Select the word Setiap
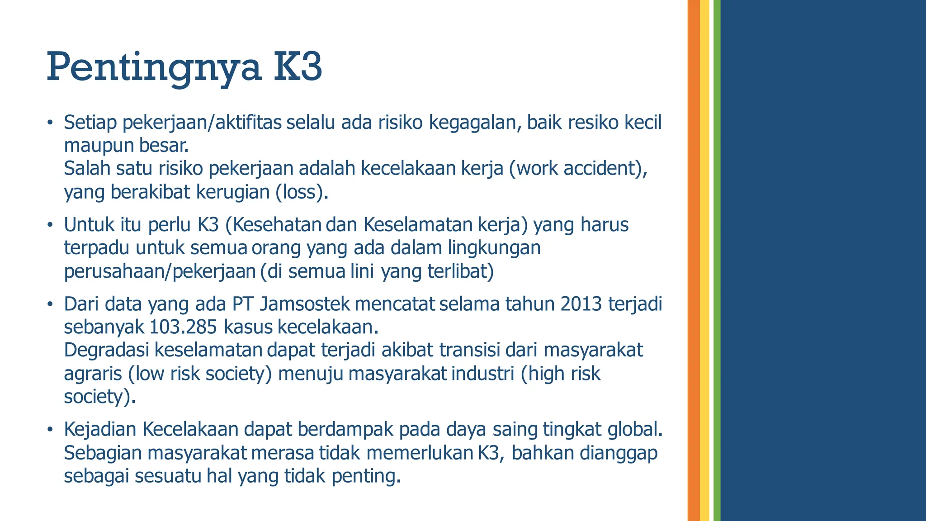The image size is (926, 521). [x=90, y=123]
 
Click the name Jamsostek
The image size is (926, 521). [x=305, y=304]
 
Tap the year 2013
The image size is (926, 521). [x=581, y=304]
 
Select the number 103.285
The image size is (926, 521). [x=183, y=327]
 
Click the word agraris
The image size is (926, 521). [x=93, y=374]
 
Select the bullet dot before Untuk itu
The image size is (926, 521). [x=50, y=225]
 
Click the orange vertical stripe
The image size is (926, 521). [x=693, y=260]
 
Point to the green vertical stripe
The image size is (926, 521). [x=717, y=260]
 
